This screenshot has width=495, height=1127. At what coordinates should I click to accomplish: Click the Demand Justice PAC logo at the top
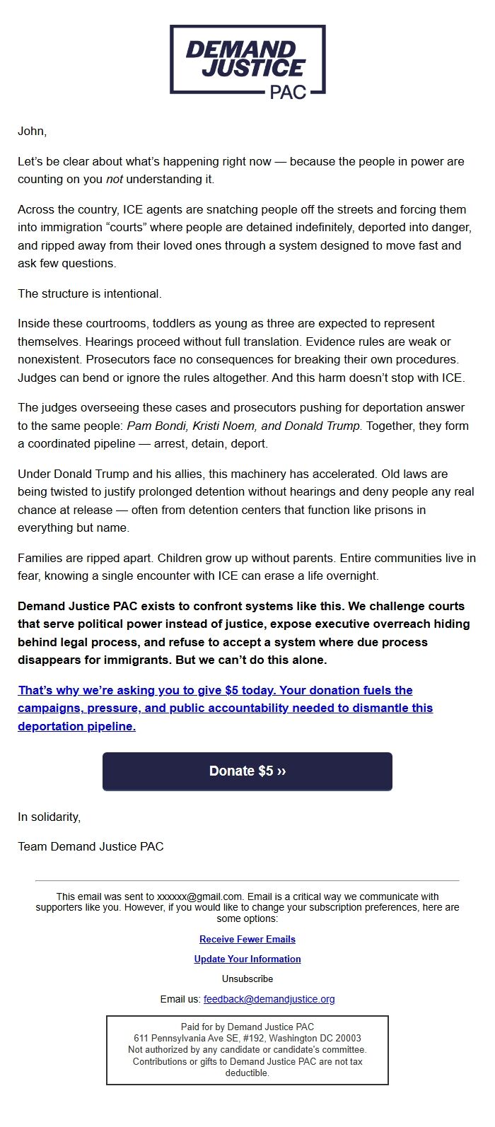[x=247, y=61]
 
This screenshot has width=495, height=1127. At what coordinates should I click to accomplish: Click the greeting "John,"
[x=32, y=131]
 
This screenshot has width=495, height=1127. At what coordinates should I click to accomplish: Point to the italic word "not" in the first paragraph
[x=114, y=180]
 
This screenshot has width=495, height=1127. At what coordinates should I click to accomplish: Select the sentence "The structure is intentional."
[x=89, y=293]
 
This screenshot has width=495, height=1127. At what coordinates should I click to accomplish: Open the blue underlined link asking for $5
[x=225, y=708]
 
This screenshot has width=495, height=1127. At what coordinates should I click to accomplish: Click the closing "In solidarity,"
[x=49, y=817]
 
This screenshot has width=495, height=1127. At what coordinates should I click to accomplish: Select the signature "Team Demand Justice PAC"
[x=91, y=846]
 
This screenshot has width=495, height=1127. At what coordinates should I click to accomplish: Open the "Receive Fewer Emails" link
[x=247, y=939]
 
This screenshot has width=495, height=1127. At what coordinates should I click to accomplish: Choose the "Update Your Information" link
[x=247, y=959]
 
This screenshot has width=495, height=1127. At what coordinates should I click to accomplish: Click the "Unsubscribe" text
[x=247, y=979]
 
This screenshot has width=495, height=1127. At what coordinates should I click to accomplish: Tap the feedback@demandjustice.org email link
[x=269, y=999]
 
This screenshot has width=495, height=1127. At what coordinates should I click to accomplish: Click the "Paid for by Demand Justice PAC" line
[x=247, y=1027]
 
